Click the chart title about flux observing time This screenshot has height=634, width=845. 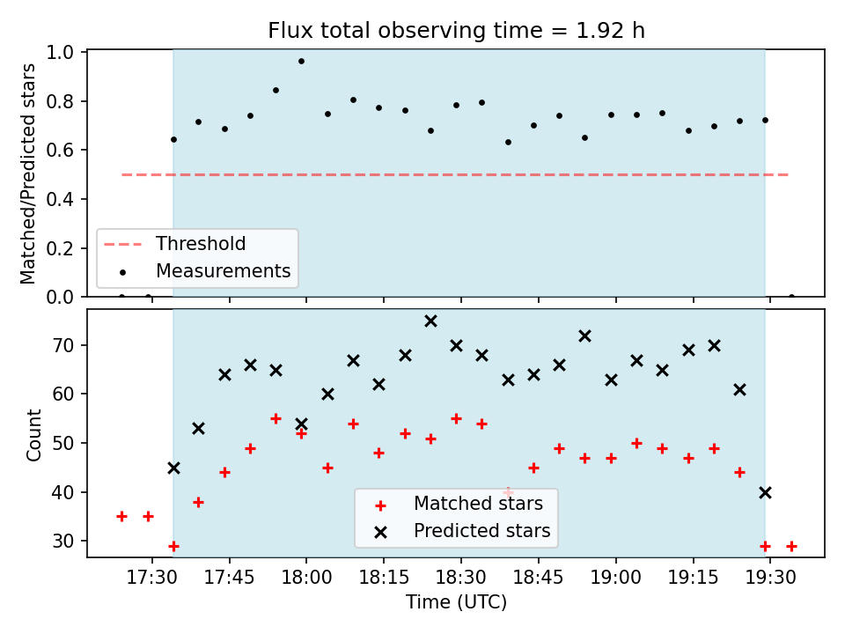point(456,30)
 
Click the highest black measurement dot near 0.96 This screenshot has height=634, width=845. point(301,62)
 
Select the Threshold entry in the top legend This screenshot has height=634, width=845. point(174,244)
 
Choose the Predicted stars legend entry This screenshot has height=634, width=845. point(465,531)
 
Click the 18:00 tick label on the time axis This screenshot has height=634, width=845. point(306,578)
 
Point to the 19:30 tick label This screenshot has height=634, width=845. point(770,578)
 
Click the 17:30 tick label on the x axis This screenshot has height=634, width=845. point(152,578)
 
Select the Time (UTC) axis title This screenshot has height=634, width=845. point(456,601)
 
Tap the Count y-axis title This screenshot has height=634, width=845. point(34,435)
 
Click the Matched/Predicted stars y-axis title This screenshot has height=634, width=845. point(27,173)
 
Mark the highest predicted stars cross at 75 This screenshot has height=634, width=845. point(430,321)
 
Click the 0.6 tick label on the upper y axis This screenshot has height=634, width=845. point(60,151)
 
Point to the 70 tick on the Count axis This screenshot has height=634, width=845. point(63,345)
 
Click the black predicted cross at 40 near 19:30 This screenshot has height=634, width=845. point(765,493)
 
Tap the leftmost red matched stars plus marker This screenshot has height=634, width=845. point(121,517)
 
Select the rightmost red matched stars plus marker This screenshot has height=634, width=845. point(791,547)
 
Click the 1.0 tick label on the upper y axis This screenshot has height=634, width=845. point(60,52)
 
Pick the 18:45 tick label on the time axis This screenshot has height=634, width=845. point(539,578)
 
